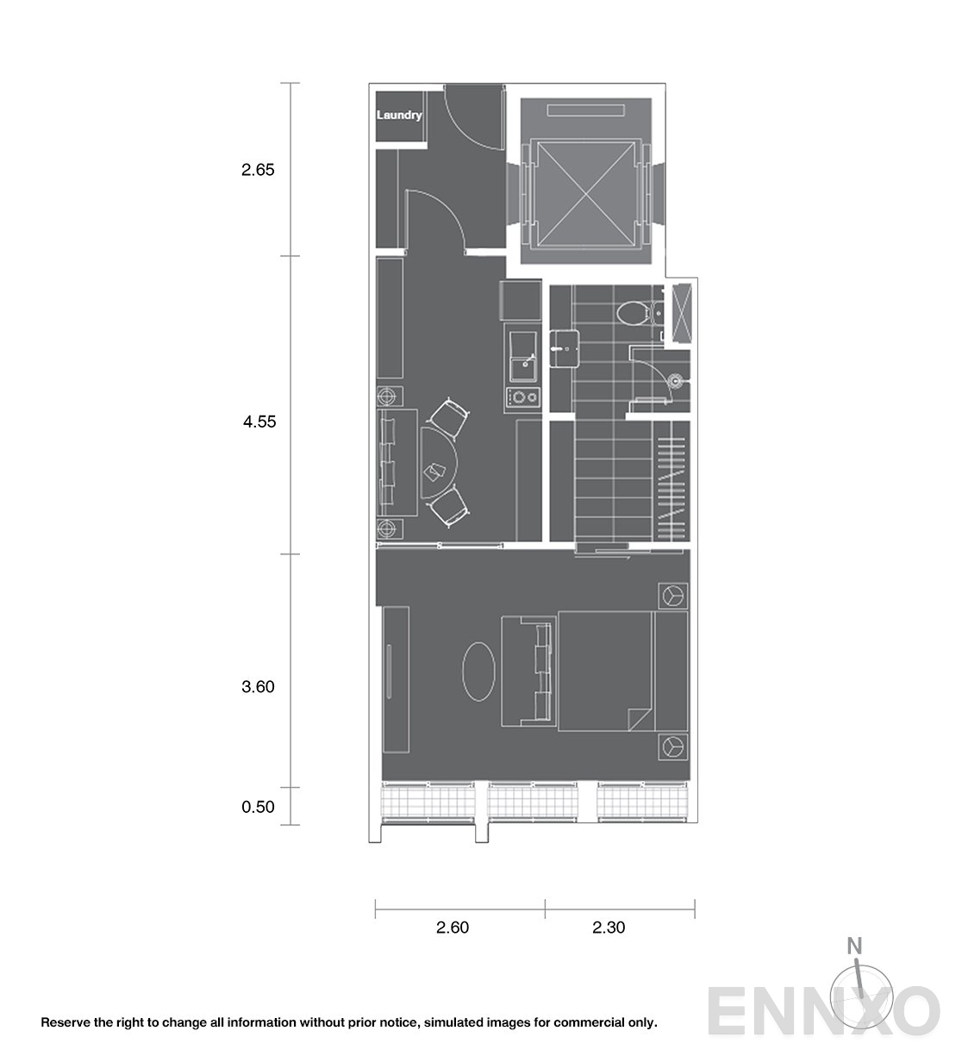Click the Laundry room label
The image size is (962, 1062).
coord(399,115)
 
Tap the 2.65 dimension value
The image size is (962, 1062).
coord(258,170)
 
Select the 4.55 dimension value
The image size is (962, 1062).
coord(259,422)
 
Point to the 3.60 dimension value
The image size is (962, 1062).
coord(258,687)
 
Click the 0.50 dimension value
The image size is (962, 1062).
coord(258,807)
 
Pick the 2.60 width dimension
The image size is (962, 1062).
coord(453,928)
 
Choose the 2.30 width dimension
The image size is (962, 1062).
coord(609,928)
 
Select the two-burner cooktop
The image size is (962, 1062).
coord(523,397)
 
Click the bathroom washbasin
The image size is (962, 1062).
coord(564,348)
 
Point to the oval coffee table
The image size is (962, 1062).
coord(478,672)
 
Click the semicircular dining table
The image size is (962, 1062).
coord(437,463)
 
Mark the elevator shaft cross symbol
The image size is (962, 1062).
coord(586,194)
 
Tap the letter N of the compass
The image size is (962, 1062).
coord(854,946)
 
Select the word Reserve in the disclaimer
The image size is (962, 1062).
coord(65,1022)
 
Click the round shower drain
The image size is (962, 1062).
coord(674,381)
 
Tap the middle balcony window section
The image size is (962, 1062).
coord(533,803)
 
